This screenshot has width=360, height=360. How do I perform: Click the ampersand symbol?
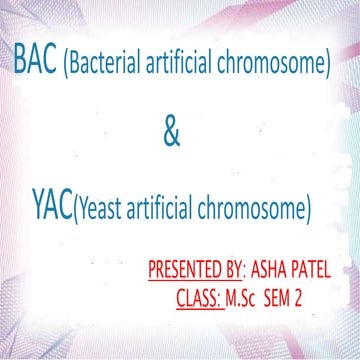tap(171, 133)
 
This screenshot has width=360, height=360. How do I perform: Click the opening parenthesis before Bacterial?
tap(66, 67)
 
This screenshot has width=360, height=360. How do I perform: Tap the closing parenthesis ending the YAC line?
tap(311, 212)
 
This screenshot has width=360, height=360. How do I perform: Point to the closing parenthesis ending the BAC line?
tap(328, 67)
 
